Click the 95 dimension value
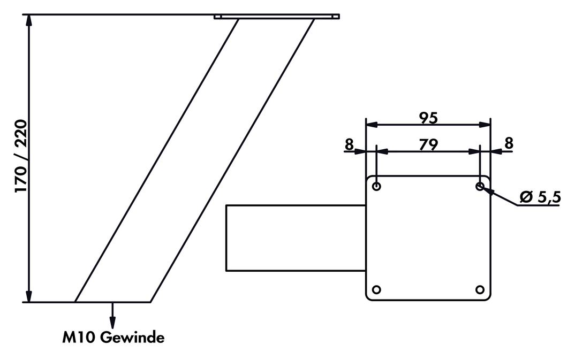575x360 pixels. (x=428, y=118)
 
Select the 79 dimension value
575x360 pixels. (x=428, y=144)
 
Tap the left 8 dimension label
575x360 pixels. (x=349, y=143)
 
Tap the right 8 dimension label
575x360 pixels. (x=508, y=143)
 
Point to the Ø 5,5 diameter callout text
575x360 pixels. (x=540, y=197)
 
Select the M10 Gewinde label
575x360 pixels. (x=113, y=338)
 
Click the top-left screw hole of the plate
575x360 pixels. (x=376, y=186)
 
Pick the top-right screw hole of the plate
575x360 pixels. (x=480, y=186)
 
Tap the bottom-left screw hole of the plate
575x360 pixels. (x=376, y=290)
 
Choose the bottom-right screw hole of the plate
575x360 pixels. (x=480, y=290)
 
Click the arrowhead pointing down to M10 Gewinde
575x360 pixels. (x=113, y=323)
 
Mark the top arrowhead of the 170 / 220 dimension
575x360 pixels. (x=29, y=20)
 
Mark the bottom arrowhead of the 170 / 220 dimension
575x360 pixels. (x=29, y=296)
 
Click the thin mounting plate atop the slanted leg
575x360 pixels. (x=276, y=17)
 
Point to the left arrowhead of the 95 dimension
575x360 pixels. (x=371, y=125)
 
